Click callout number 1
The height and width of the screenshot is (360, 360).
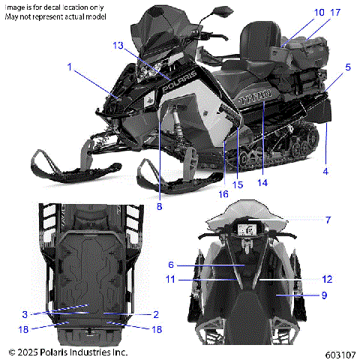point(70,67)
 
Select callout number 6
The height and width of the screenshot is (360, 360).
point(170,265)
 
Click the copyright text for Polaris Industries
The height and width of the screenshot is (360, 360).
point(67,351)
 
